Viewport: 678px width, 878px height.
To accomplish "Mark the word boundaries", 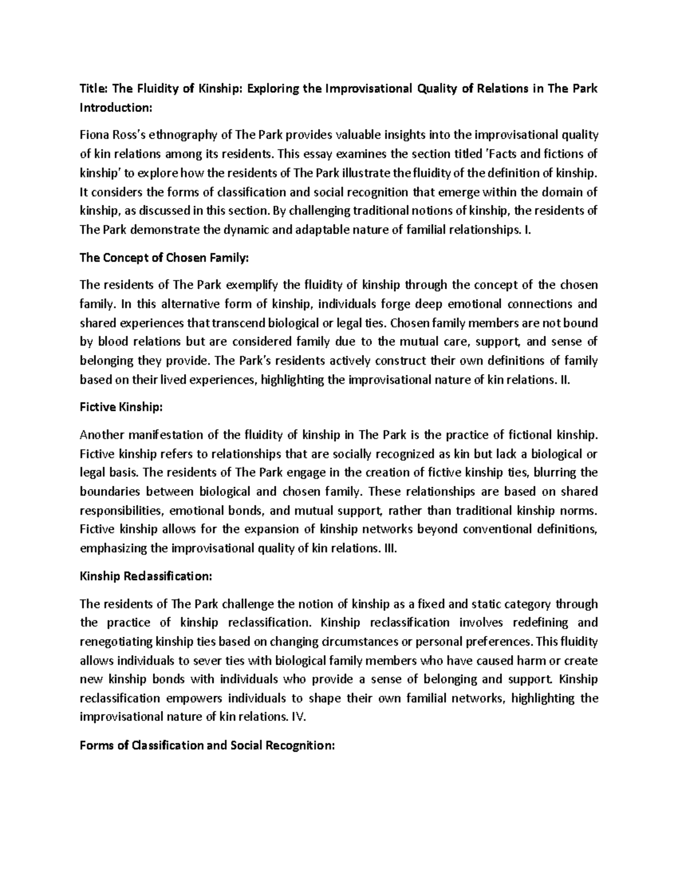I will pyautogui.click(x=109, y=491).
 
